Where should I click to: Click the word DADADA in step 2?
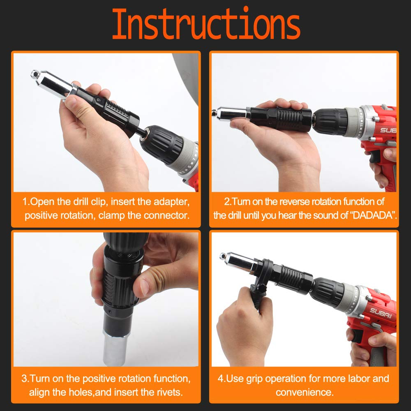[x=374, y=215]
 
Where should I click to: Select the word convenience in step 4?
[x=304, y=392]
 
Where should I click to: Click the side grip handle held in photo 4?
[x=257, y=296]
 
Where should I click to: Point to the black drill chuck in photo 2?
[x=331, y=121]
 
